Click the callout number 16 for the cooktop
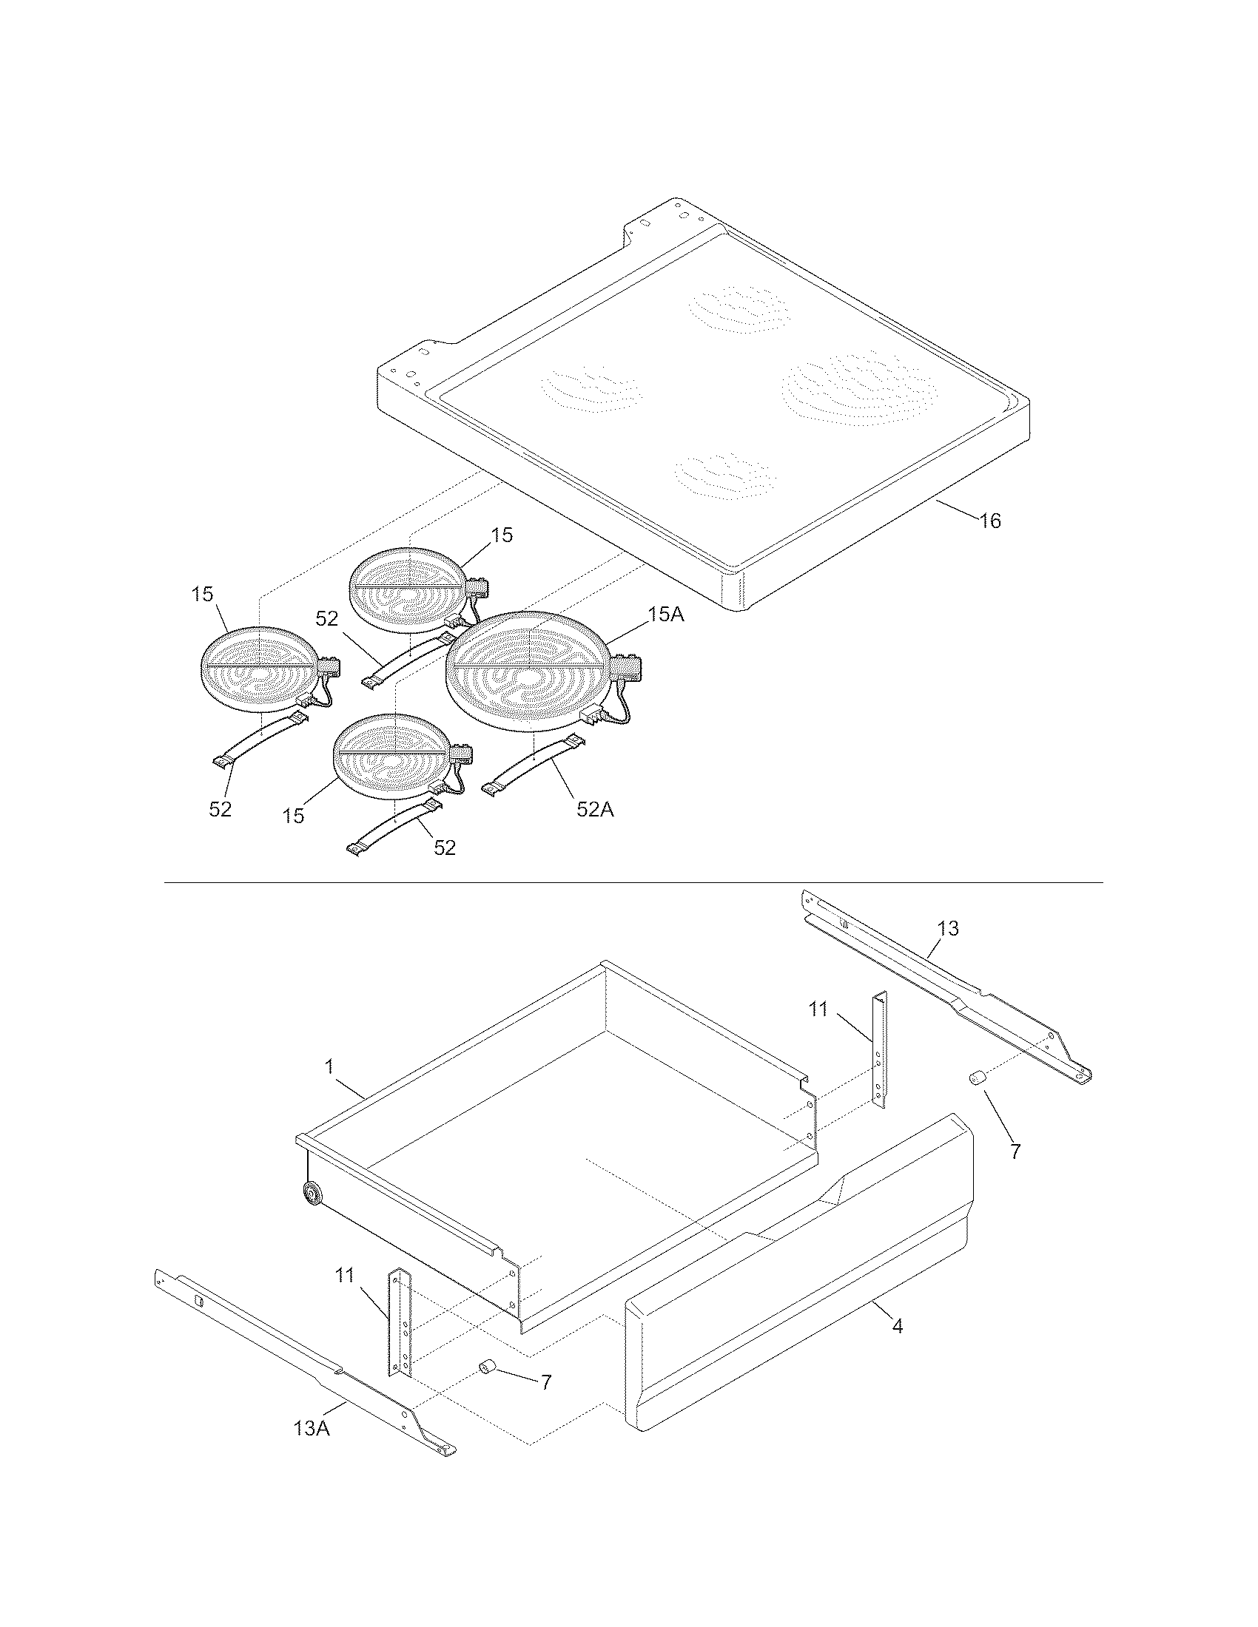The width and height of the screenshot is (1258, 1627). [989, 521]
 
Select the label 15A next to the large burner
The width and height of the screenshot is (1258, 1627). [665, 615]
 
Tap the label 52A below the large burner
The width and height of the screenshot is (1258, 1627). [595, 809]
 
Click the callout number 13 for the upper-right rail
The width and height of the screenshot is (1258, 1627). [948, 928]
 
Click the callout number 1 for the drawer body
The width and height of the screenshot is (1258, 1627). [329, 1067]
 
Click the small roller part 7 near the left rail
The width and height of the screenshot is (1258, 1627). [488, 1365]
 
